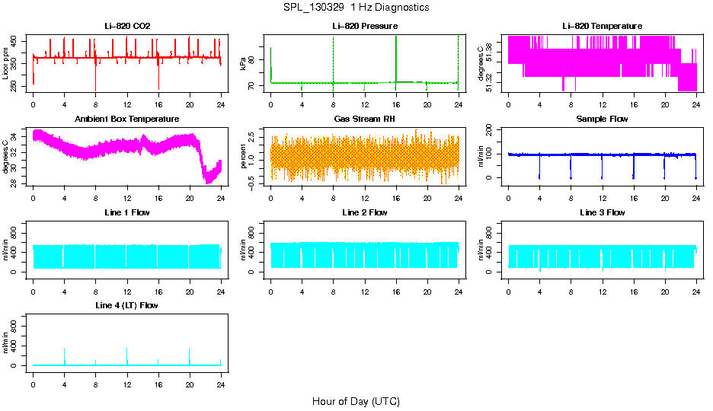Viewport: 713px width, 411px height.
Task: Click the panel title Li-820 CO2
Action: pyautogui.click(x=127, y=26)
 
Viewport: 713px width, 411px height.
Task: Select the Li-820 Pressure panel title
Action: pyautogui.click(x=365, y=26)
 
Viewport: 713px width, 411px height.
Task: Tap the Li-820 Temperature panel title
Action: pyautogui.click(x=602, y=26)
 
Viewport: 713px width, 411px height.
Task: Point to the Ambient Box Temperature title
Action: pyautogui.click(x=127, y=119)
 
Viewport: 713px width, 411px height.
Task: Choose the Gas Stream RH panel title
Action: pyautogui.click(x=365, y=119)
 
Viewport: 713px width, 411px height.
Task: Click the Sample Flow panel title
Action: pyautogui.click(x=602, y=119)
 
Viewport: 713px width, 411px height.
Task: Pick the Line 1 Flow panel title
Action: pyautogui.click(x=127, y=212)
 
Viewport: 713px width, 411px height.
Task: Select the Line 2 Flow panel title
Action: pyautogui.click(x=365, y=212)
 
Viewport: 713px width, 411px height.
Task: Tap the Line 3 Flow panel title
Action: pyautogui.click(x=602, y=212)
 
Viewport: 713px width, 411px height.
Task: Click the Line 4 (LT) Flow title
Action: pyautogui.click(x=127, y=305)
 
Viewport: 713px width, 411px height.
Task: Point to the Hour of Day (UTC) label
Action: pyautogui.click(x=356, y=401)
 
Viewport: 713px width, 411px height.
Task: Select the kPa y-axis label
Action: pyautogui.click(x=244, y=65)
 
